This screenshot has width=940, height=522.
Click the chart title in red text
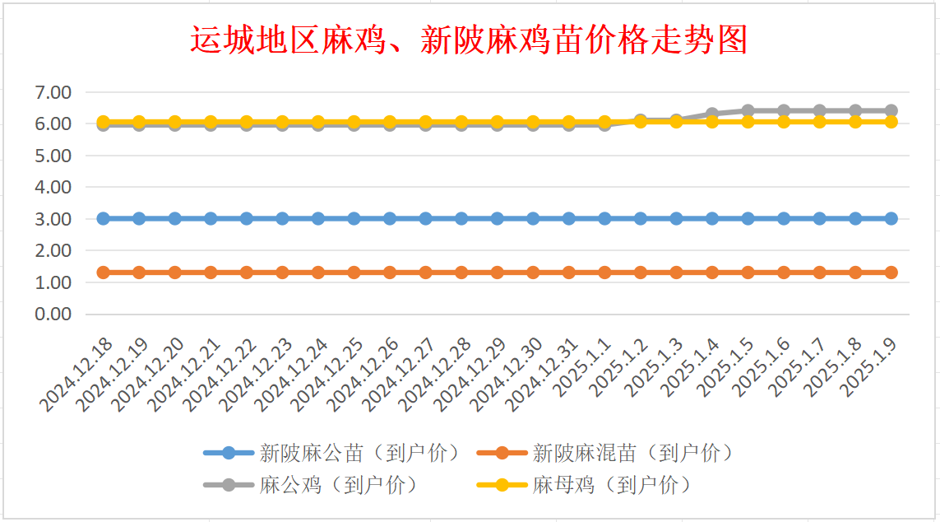[469, 40]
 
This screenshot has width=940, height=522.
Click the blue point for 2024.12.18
[104, 219]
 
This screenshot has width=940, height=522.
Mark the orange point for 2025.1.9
[891, 273]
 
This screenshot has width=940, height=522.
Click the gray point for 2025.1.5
[748, 110]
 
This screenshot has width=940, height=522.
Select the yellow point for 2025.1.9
[891, 121]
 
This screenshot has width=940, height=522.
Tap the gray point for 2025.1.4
[712, 114]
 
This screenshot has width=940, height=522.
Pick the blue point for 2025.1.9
[891, 219]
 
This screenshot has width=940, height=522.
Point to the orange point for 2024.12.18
[104, 273]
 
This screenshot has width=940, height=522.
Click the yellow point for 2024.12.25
[354, 122]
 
